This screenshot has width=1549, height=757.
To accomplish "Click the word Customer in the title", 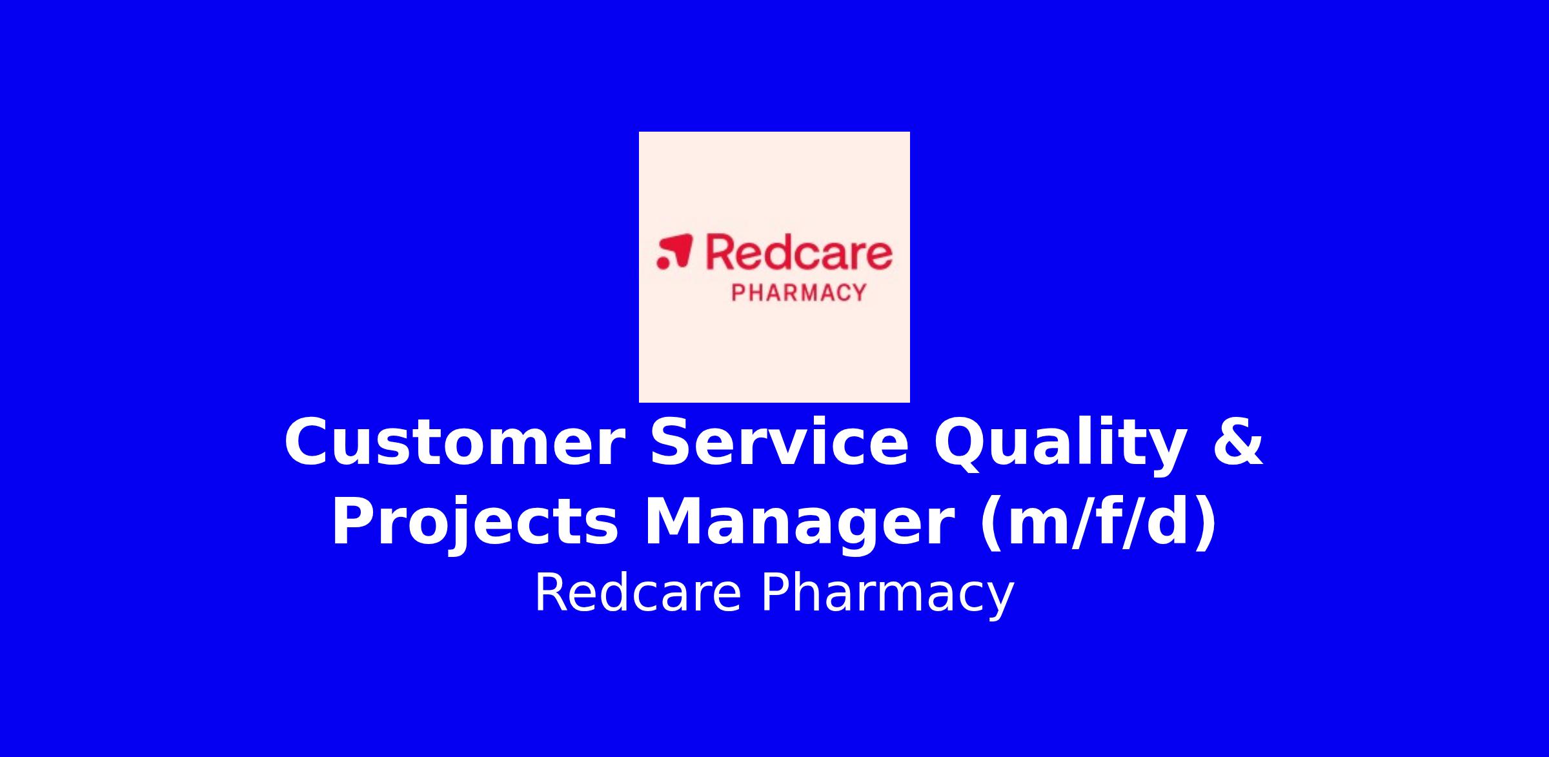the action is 454,442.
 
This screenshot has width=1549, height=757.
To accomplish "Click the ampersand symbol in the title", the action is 1238,442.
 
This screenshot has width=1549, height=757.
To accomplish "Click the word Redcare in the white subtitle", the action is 638,593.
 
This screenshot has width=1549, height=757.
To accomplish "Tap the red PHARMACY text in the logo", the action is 798,293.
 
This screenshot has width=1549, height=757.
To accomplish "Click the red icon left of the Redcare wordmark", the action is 674,251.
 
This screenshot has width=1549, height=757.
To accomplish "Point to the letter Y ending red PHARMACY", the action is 858,293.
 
